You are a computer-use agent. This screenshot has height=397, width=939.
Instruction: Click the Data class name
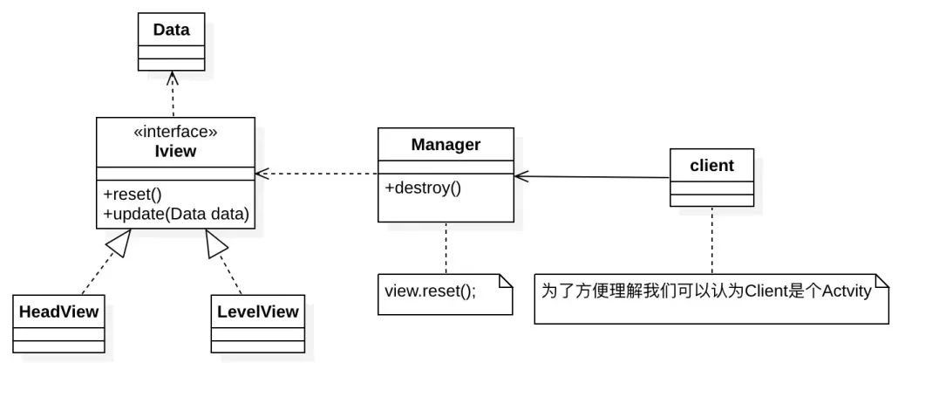click(171, 30)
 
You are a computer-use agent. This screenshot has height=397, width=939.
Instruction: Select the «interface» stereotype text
click(175, 132)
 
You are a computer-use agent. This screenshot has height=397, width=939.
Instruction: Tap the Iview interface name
click(175, 151)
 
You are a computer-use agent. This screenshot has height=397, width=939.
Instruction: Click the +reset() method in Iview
click(133, 195)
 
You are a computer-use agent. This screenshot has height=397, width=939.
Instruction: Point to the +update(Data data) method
click(175, 213)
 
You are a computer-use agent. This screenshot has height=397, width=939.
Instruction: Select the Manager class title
click(446, 145)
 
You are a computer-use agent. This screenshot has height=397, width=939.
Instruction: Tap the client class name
click(711, 166)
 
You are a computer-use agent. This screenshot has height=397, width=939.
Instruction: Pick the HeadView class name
click(58, 311)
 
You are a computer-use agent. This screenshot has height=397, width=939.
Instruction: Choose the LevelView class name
click(257, 311)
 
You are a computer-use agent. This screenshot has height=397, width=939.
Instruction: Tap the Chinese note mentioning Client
click(706, 292)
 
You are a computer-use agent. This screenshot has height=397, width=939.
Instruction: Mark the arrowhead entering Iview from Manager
click(262, 174)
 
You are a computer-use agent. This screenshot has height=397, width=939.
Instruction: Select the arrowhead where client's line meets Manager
click(521, 175)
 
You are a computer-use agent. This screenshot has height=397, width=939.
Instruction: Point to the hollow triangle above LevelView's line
click(216, 242)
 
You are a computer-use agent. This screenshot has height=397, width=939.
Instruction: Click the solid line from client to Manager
click(592, 177)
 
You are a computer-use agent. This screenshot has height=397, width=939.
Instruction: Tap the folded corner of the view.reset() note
click(506, 281)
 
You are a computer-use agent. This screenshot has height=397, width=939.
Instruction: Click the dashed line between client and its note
click(712, 240)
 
